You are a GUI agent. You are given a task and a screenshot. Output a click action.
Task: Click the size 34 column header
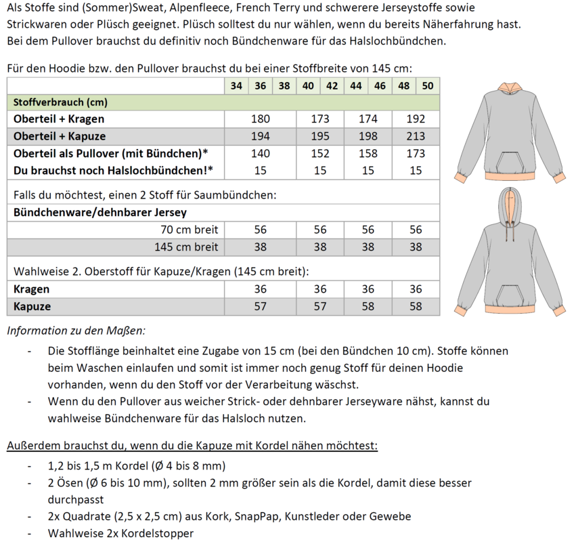pyautogui.click(x=236, y=86)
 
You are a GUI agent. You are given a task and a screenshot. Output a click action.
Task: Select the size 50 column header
pyautogui.click(x=427, y=86)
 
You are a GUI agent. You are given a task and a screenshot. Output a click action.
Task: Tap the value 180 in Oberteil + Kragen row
pyautogui.click(x=260, y=119)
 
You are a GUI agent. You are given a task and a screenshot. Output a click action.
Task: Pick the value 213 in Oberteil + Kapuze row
pyautogui.click(x=416, y=136)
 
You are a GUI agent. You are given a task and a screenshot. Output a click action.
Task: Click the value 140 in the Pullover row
pyautogui.click(x=260, y=154)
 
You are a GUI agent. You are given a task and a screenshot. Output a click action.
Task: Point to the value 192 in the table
pyautogui.click(x=416, y=119)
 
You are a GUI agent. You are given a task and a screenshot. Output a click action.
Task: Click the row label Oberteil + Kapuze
pyautogui.click(x=60, y=136)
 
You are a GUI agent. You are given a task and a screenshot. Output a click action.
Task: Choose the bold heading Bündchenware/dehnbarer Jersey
pyautogui.click(x=91, y=213)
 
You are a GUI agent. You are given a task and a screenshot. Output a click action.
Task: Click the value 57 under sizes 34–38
pyautogui.click(x=260, y=307)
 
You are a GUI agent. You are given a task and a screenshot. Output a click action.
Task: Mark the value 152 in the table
pyautogui.click(x=320, y=154)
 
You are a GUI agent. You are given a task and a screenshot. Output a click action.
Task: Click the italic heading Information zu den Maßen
pyautogui.click(x=76, y=331)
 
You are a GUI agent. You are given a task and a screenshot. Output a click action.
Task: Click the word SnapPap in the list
pyautogui.click(x=258, y=516)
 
